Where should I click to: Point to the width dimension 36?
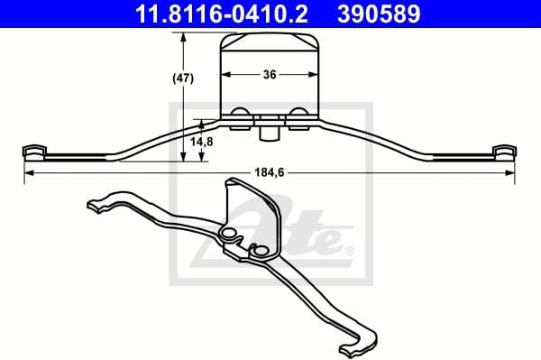[x=270, y=77]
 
